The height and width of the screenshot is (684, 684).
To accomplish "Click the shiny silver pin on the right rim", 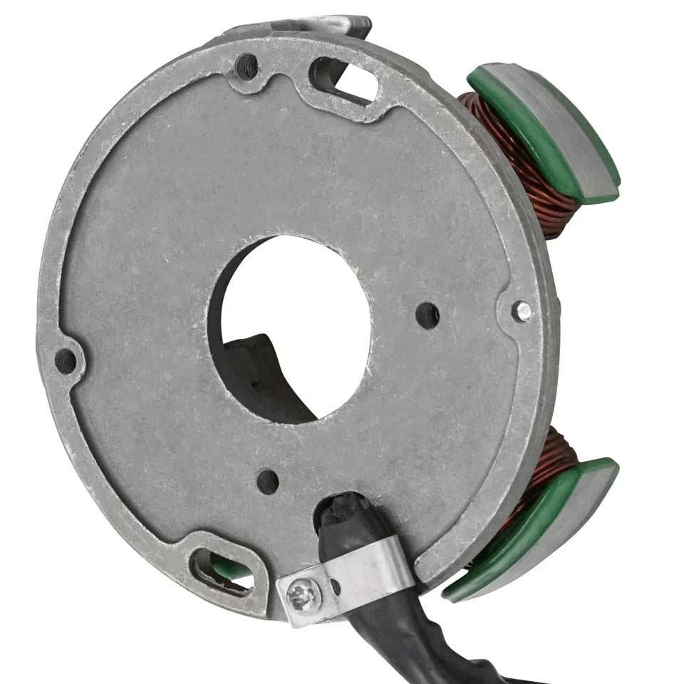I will pyautogui.click(x=524, y=310).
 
